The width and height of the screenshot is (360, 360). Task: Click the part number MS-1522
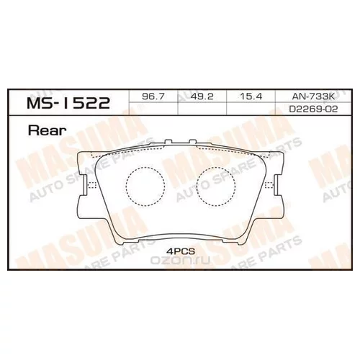click(x=68, y=103)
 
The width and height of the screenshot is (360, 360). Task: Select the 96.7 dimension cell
click(x=153, y=96)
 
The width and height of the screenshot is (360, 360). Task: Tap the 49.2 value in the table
click(x=202, y=96)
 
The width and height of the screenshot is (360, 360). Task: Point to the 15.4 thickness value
click(x=251, y=96)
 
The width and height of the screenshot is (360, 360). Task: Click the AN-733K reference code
click(x=313, y=96)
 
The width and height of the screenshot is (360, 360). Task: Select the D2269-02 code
click(x=313, y=109)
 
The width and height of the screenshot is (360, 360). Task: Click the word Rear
click(x=47, y=130)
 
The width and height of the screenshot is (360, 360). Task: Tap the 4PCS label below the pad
click(x=181, y=251)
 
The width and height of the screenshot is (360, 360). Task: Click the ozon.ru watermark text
click(x=180, y=260)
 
